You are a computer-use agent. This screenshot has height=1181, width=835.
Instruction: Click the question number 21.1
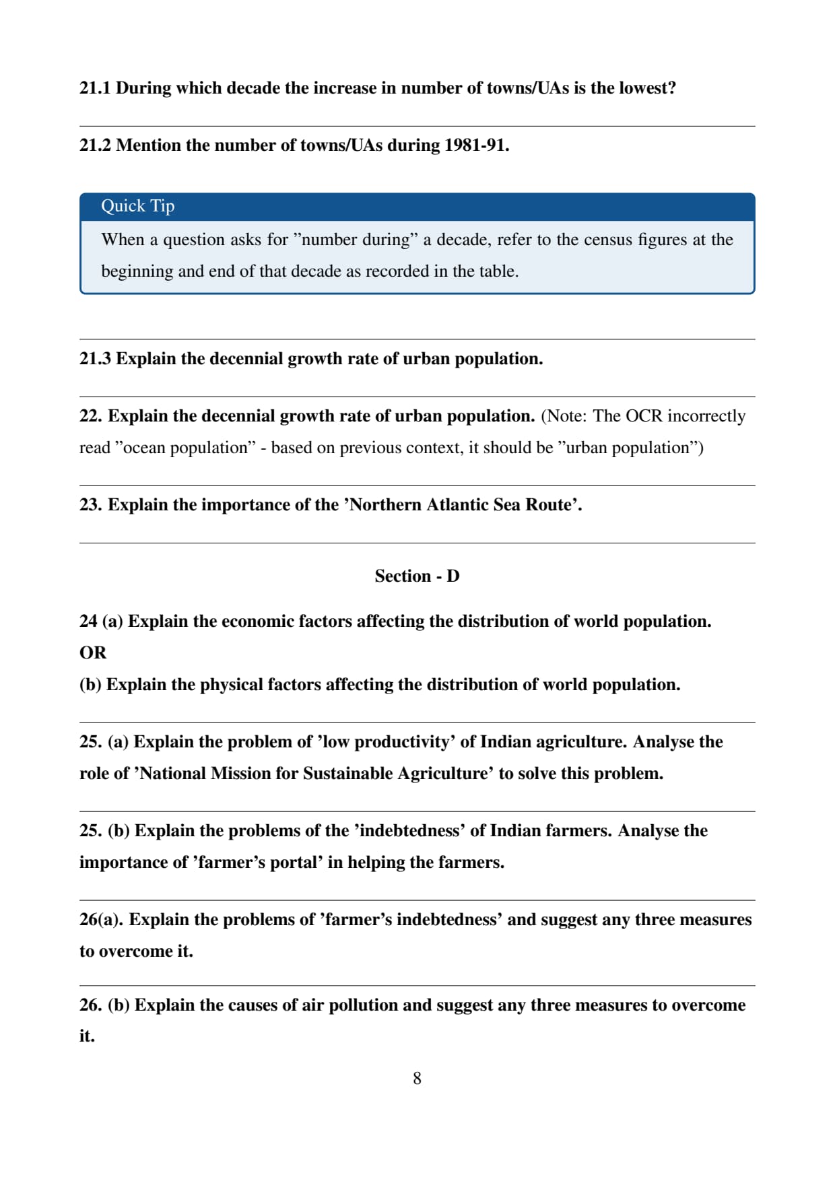coord(95,88)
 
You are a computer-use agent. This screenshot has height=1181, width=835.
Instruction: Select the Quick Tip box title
coord(137,206)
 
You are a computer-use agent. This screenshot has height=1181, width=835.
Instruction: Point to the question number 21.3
coord(95,359)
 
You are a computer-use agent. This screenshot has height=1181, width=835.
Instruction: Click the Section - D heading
coord(417,576)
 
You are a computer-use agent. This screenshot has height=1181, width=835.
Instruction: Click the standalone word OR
coord(93,653)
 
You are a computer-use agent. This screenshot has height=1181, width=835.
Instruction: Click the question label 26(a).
coord(101,920)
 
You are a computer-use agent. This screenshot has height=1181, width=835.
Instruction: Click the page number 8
coord(417,1079)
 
